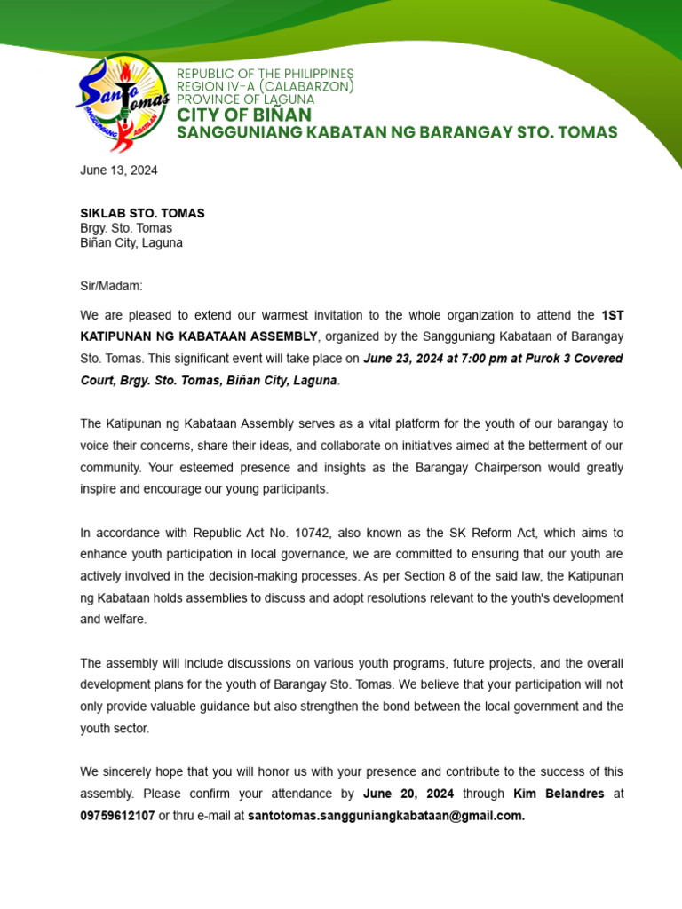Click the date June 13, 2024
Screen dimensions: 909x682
(119, 170)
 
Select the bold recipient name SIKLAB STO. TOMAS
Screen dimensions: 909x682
(142, 213)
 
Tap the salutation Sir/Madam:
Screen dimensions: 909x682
(111, 286)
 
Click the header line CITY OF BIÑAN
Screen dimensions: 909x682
(244, 115)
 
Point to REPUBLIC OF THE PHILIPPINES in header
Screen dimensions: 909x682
(265, 73)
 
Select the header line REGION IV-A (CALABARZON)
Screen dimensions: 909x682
(266, 86)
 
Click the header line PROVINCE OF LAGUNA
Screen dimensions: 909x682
(246, 99)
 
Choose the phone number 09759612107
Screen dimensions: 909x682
(117, 815)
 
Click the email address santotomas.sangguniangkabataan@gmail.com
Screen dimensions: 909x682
(386, 815)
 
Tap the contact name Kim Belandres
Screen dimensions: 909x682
(559, 794)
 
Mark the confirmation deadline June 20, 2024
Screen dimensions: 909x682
(408, 794)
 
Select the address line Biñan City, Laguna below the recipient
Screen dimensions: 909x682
(131, 242)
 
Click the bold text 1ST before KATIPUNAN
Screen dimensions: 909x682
(612, 315)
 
